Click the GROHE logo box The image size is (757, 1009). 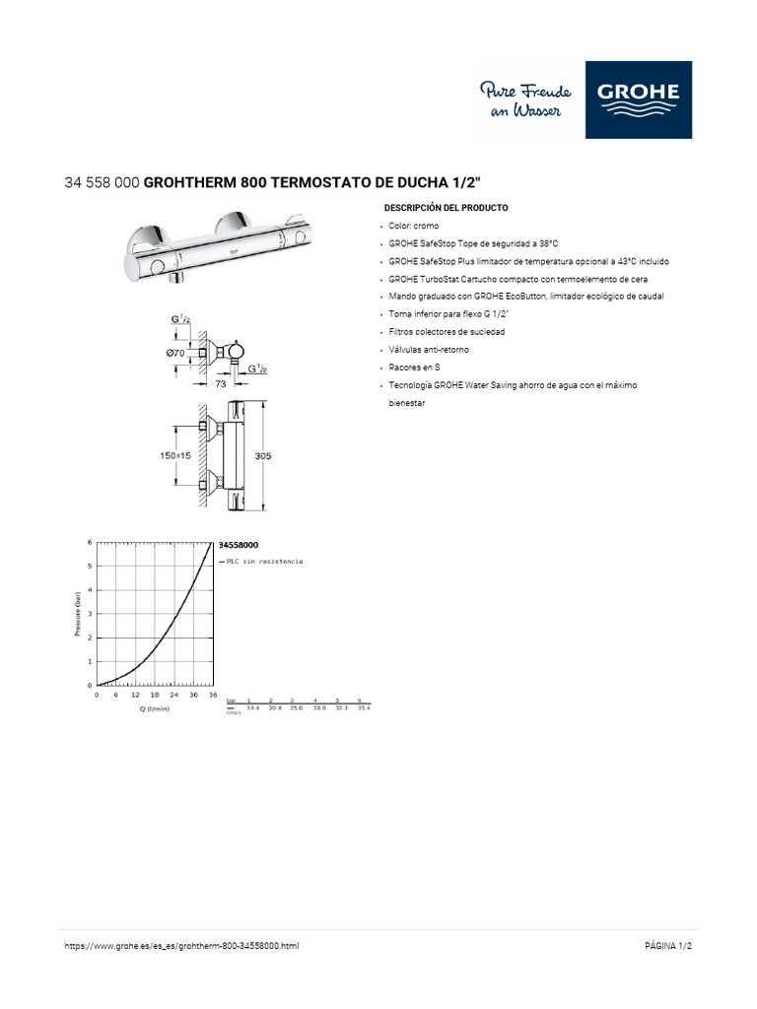[x=638, y=100]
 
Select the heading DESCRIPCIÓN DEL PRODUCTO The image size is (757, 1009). [x=446, y=209]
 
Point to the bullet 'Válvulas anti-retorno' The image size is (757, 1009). [x=429, y=350]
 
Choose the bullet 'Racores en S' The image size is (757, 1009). [x=414, y=367]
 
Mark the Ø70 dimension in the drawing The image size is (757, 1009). [x=175, y=352]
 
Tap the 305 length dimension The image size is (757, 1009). [x=262, y=455]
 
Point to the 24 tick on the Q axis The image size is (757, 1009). [x=173, y=695]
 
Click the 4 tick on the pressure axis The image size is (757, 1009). [x=90, y=589]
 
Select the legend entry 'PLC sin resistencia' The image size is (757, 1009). [x=264, y=561]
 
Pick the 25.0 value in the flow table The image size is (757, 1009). [x=295, y=708]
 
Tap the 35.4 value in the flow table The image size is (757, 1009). [x=363, y=708]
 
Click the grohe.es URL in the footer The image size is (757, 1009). [x=181, y=946]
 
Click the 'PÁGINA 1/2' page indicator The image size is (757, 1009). [x=668, y=946]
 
